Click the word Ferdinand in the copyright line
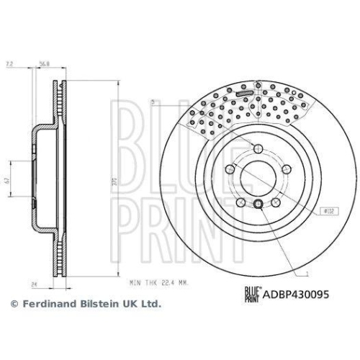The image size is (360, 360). (48, 305)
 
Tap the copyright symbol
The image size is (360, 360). (14, 305)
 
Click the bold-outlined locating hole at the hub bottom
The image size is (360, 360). (258, 207)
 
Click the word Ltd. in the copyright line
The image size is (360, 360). (150, 305)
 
